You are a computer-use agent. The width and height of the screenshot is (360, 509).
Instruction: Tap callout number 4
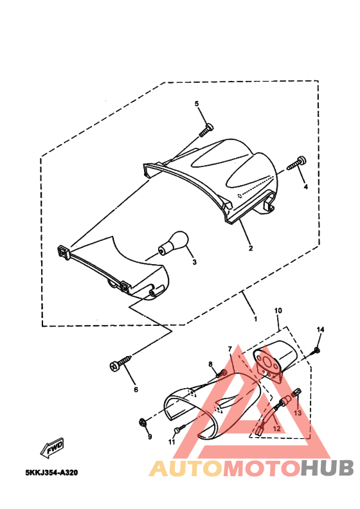point(305,187)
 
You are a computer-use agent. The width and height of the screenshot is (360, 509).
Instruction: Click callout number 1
point(255,319)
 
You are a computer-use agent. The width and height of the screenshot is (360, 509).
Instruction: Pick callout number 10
point(278,310)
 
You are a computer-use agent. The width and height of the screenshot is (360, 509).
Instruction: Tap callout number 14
point(320,330)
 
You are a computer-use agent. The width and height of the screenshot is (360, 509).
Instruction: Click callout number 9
point(149,437)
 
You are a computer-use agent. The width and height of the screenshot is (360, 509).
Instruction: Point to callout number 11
point(172,443)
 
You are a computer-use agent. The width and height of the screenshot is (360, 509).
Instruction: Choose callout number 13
point(298,413)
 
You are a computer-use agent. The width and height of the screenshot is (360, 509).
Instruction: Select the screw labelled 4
point(298,163)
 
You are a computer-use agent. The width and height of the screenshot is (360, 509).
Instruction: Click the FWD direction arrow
point(52,445)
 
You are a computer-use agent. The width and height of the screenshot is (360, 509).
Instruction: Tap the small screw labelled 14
point(316,350)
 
